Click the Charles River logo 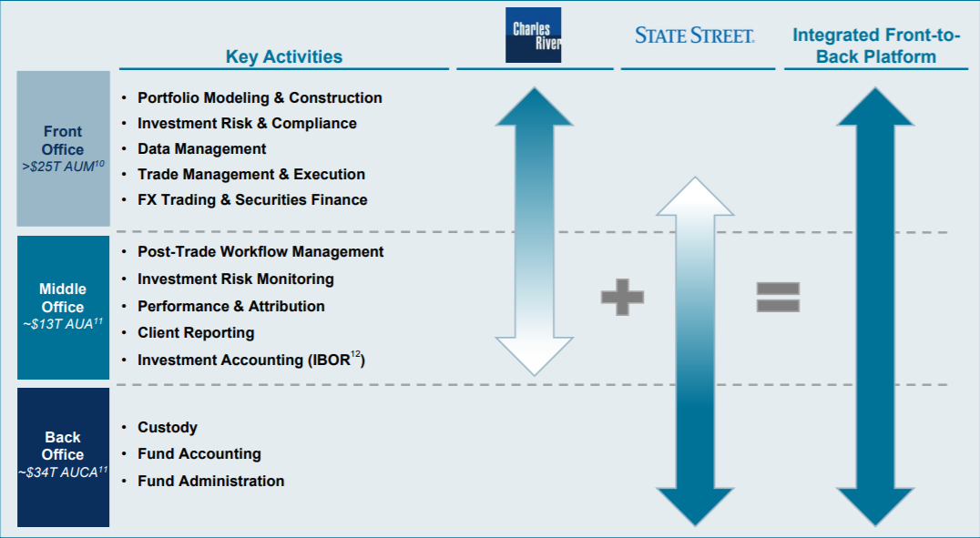[533, 35]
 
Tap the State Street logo [694, 35]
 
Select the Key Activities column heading [284, 56]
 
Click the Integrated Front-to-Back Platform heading [876, 46]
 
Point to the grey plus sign [622, 297]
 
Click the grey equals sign [778, 297]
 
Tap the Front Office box [63, 148]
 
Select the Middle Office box [63, 308]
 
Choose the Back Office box [63, 457]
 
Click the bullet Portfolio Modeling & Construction [260, 98]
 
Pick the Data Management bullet [202, 148]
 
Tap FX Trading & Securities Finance [252, 200]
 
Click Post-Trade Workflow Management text [260, 252]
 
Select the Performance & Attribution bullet [231, 306]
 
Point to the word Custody [168, 428]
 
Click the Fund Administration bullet [211, 481]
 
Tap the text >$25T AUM [63, 167]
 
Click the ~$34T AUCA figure [63, 472]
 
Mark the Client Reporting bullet [196, 332]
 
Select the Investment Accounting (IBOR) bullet [251, 360]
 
